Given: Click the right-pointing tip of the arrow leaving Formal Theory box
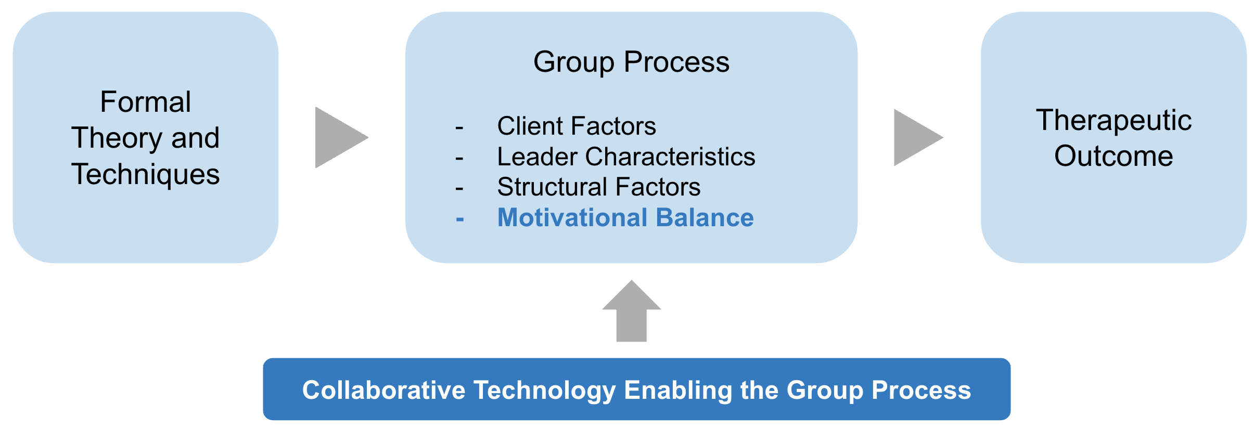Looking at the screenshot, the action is coord(368,138).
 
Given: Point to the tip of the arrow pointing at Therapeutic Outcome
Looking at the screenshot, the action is coord(943,138).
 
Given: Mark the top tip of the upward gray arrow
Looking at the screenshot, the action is coord(632,280).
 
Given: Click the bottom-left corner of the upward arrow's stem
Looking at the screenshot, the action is coord(617,342).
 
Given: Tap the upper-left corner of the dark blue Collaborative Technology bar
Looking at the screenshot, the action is coord(264,359).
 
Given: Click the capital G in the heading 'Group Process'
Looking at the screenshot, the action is coord(545,62).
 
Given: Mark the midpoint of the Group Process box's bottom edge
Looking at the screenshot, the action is coord(631,263).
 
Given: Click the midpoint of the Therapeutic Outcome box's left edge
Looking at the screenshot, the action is coord(981,137).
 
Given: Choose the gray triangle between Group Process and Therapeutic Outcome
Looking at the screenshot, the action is coord(915,138).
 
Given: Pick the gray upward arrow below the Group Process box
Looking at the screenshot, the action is coord(632,311).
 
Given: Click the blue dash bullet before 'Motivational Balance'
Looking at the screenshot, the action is coord(459,220).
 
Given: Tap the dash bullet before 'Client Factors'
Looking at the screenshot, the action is coord(459,128).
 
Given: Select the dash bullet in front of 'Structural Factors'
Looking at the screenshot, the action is coord(459,189).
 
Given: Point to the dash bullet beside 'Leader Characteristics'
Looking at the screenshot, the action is coord(459,159).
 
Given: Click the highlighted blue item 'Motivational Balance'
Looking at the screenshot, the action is coord(625,217).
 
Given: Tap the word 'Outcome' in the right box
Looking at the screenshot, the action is coord(1114,155).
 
